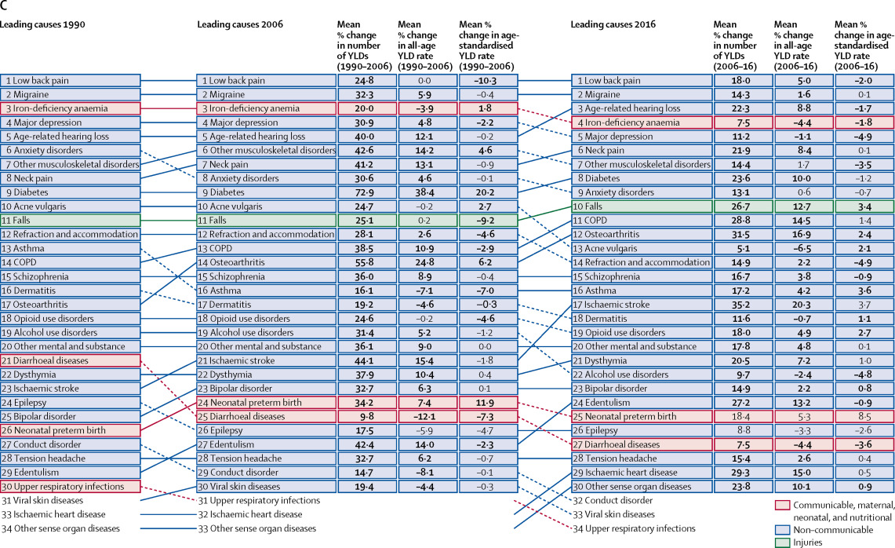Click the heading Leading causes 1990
pos(43,24)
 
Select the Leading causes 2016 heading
pos(613,24)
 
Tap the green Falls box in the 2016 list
pos(642,206)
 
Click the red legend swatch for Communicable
pos(782,505)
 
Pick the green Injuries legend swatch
pos(782,543)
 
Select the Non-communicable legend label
pos(833,530)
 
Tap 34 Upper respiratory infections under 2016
pos(634,528)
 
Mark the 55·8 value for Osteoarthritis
pos(366,262)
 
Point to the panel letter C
pos(3,6)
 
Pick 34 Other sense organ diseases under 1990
pos(60,528)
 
